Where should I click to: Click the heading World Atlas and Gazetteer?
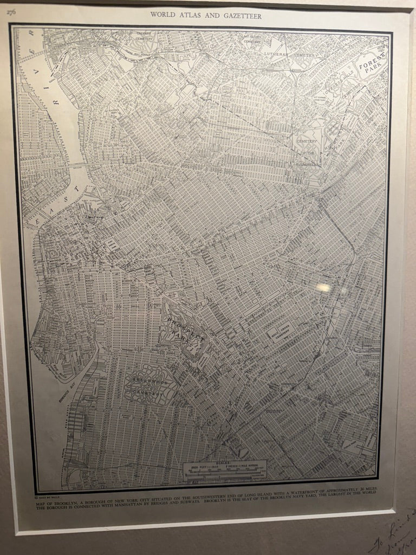point(206,16)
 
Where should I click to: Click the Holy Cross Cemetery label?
point(279,330)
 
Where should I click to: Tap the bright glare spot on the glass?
point(323,287)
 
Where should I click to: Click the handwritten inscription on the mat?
point(395,534)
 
